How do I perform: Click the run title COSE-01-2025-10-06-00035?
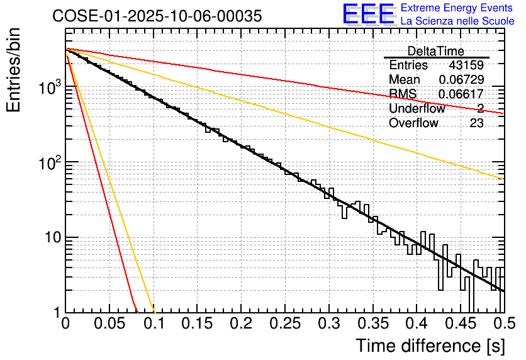click(157, 16)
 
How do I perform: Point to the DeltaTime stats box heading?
click(436, 51)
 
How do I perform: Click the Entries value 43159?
click(466, 65)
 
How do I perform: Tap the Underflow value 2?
click(480, 109)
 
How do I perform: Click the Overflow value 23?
click(476, 123)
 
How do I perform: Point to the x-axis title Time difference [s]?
click(429, 346)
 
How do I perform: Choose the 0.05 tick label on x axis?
click(109, 325)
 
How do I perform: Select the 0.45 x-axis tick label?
click(459, 325)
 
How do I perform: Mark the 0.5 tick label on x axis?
click(501, 325)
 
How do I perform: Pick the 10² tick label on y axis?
click(48, 162)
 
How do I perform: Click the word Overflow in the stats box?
click(413, 123)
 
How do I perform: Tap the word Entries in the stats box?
click(408, 65)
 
